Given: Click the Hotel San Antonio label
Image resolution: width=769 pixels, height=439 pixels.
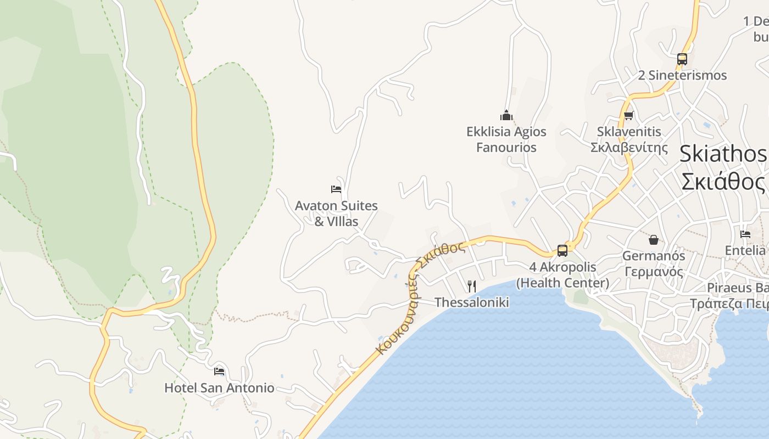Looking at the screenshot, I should point(219,388).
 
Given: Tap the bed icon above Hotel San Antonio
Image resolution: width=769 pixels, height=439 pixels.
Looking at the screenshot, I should point(219,372).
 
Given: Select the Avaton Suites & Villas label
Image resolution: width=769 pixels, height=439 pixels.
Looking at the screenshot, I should point(336,213).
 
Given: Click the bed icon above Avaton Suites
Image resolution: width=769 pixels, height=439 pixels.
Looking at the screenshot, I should point(336,189).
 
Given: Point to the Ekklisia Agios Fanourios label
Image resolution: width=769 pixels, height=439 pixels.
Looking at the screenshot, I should point(506,139).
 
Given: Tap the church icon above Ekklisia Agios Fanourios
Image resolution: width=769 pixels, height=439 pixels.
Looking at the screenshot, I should point(506,115).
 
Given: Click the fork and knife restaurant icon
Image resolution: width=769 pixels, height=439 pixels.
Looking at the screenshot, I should point(471,286).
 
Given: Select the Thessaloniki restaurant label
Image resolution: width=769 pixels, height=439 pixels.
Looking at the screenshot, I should point(472,302).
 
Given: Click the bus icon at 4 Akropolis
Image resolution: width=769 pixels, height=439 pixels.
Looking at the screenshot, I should point(562,251).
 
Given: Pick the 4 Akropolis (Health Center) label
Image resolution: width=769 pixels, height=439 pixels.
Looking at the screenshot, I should point(562,275).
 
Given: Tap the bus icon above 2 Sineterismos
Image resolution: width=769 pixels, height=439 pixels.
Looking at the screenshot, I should point(682,59).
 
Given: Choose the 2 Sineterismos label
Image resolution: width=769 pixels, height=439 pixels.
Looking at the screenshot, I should point(682,75).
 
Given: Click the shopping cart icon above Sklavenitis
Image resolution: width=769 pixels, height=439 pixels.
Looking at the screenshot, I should point(629,115).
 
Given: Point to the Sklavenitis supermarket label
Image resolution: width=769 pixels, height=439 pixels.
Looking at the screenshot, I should point(629,139).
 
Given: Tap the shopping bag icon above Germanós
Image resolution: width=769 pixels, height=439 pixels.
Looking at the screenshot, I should point(654,240).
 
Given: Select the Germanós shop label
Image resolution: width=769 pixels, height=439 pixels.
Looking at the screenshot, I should point(654,263).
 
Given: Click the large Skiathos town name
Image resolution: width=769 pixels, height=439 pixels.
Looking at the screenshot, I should point(723,167).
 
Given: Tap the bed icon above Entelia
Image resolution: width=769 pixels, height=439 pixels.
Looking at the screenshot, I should point(745,234).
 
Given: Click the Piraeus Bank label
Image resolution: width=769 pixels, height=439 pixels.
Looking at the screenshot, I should point(736,296).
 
